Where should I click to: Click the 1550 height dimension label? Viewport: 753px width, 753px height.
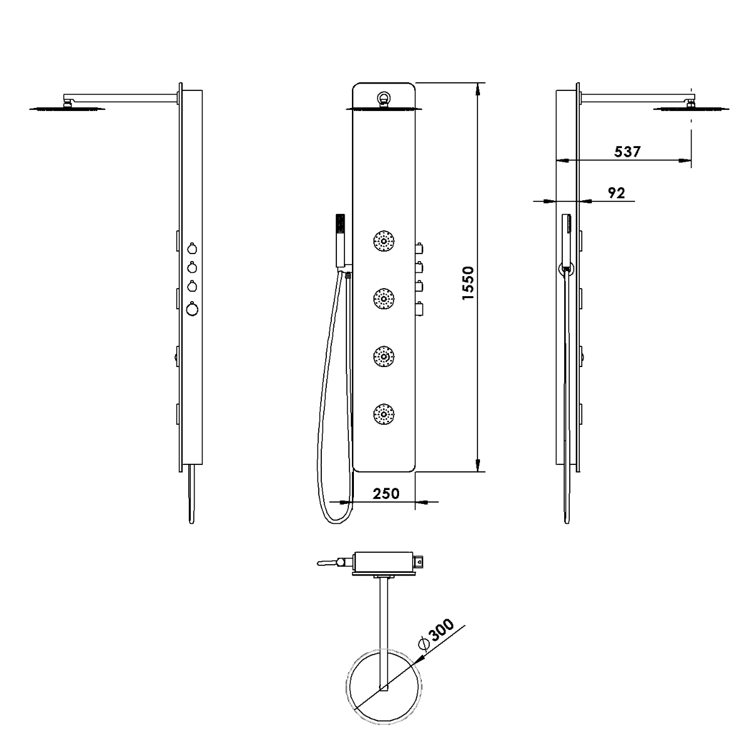[x=467, y=283]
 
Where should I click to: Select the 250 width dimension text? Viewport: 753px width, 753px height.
[x=386, y=494]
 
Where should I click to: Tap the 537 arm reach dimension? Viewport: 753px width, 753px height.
[x=627, y=152]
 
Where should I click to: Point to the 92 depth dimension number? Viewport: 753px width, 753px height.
[x=616, y=193]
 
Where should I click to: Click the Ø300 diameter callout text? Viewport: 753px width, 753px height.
[x=437, y=634]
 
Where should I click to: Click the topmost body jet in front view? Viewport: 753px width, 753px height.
[x=384, y=241]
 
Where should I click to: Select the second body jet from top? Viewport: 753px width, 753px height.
[x=384, y=299]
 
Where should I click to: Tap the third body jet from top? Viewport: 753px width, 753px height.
[x=384, y=356]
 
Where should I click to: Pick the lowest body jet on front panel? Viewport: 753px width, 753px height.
[x=384, y=414]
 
